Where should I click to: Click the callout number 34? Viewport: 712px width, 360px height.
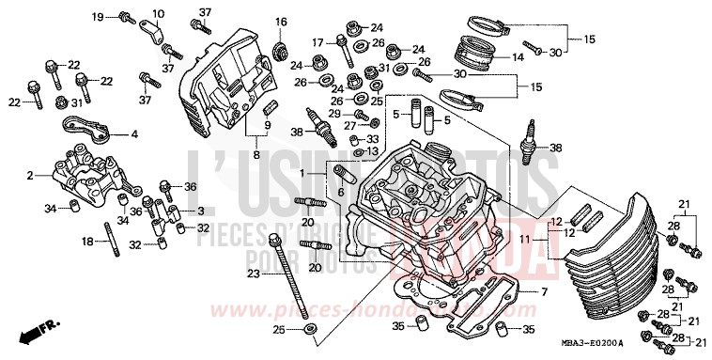(50, 207)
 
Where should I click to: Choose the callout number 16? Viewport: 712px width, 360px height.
(280, 22)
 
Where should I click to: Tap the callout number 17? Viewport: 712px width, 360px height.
(317, 41)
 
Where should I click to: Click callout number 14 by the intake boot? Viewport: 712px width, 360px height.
(517, 57)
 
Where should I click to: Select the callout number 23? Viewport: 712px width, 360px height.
(254, 274)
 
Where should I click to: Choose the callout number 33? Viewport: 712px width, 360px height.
(373, 138)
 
